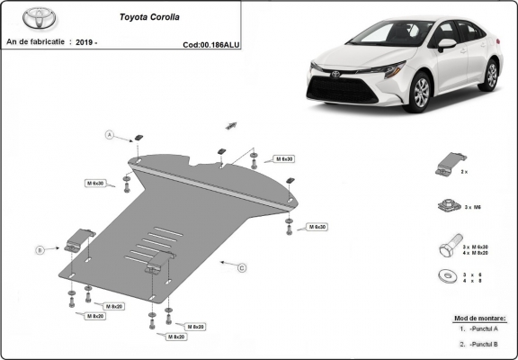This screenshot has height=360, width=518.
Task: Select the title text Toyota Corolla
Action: [x=149, y=16]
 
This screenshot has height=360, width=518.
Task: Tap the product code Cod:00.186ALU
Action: [x=210, y=43]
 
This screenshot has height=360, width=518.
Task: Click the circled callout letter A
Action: [x=110, y=135]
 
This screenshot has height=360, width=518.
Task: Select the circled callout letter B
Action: [x=40, y=249]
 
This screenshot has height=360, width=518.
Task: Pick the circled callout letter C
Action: [x=241, y=267]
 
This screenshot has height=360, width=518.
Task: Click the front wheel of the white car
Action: [x=419, y=94]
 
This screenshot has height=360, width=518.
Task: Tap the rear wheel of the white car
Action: [x=490, y=75]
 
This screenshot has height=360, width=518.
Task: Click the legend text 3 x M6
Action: [x=472, y=207]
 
